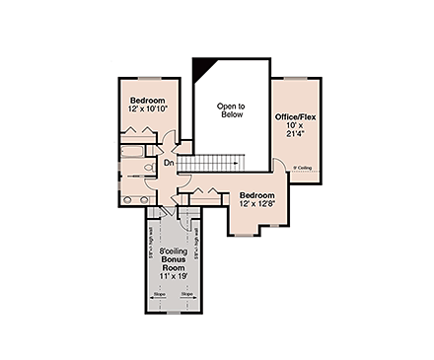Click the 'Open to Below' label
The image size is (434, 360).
[231, 109]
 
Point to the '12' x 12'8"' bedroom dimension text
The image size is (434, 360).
[256, 204]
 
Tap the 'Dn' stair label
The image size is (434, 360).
[169, 162]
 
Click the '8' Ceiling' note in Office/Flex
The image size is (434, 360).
[303, 169]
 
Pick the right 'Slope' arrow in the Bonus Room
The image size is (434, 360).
[186, 293]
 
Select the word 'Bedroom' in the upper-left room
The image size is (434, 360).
[149, 100]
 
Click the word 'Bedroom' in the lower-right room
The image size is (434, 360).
[256, 195]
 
